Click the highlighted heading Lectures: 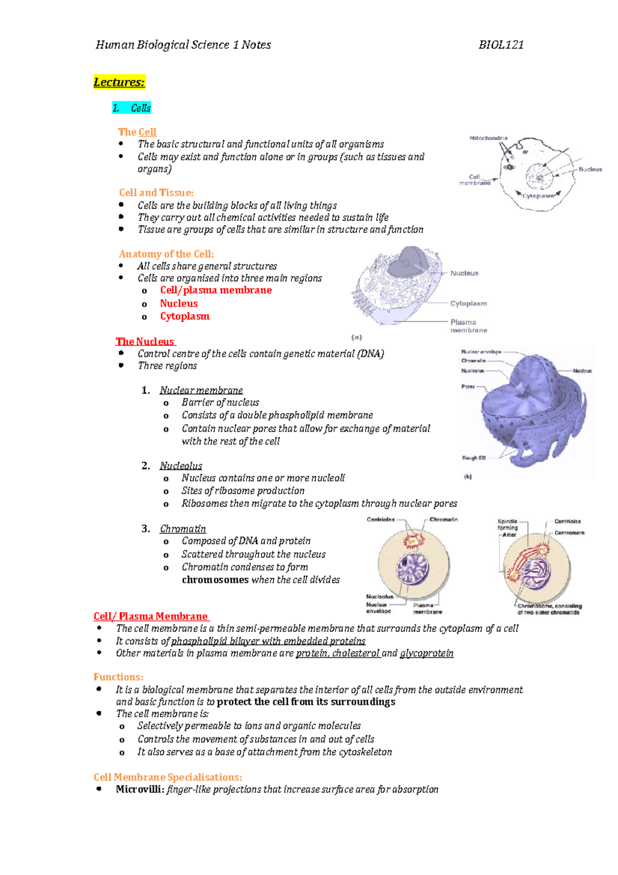tap(119, 82)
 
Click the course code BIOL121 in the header tap(501, 45)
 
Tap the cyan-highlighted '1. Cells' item tap(132, 108)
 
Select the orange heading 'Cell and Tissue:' tap(156, 193)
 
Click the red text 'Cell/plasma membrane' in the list tap(216, 290)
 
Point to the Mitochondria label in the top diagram tap(488, 138)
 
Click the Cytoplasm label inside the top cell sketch tap(538, 196)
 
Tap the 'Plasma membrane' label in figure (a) tap(468, 326)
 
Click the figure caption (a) tap(357, 338)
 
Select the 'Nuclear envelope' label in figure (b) tap(481, 352)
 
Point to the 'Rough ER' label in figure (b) tap(474, 458)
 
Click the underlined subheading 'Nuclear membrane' tap(201, 391)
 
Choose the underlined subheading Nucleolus tap(181, 466)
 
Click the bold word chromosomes tap(215, 580)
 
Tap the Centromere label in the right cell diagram tap(569, 533)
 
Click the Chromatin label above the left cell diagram tap(443, 519)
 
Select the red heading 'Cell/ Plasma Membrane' tap(151, 616)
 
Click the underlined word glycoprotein tap(426, 653)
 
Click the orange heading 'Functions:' tap(118, 677)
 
